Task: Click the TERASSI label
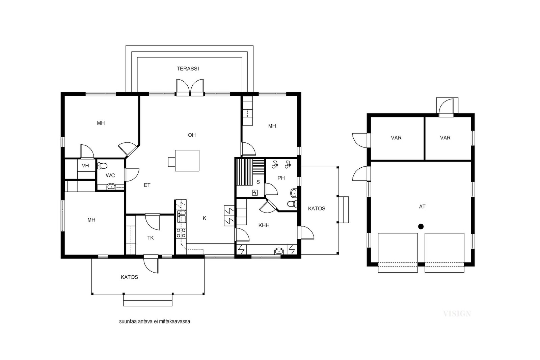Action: click(x=188, y=69)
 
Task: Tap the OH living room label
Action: click(x=192, y=135)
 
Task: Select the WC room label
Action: click(x=110, y=175)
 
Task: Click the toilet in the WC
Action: click(x=102, y=166)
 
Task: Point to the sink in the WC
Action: click(x=111, y=186)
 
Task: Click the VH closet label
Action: click(x=85, y=166)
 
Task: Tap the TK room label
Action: click(x=151, y=238)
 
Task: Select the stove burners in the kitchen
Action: click(x=181, y=232)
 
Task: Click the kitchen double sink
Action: click(x=181, y=216)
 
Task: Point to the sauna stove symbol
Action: click(x=255, y=193)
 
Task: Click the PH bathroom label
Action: click(x=281, y=178)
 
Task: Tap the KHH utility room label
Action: click(x=264, y=225)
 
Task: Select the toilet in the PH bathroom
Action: click(x=292, y=204)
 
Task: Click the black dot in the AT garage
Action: click(x=421, y=226)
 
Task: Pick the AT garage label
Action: click(x=422, y=206)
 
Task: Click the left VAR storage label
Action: click(x=396, y=138)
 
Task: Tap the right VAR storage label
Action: click(x=445, y=138)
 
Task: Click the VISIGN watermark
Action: click(x=457, y=313)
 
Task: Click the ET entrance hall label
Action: click(x=147, y=185)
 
